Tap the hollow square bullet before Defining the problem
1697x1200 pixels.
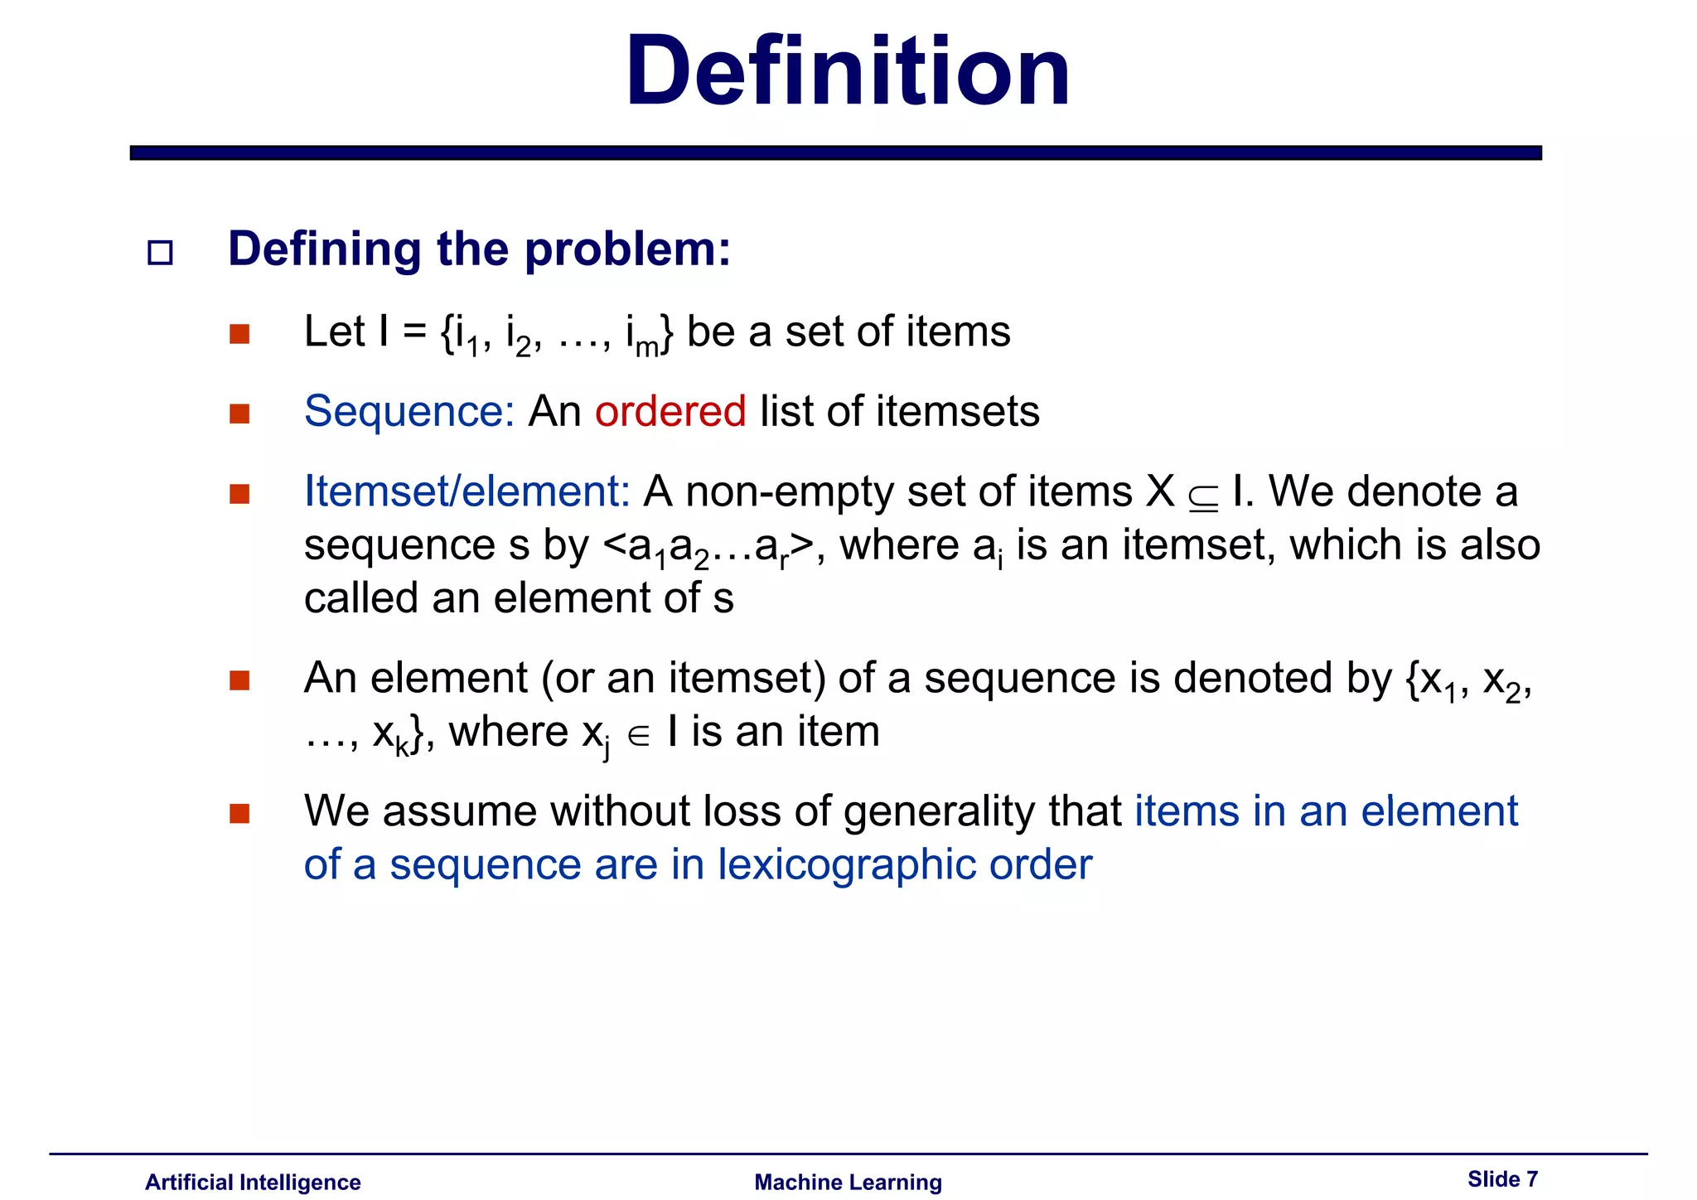tap(160, 252)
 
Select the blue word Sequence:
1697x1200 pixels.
tap(409, 411)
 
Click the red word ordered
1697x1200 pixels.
tap(670, 411)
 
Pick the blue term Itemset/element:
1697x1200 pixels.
tap(467, 491)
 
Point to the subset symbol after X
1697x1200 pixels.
tap(1202, 496)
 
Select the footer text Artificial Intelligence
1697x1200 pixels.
tap(253, 1182)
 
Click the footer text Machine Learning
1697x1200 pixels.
tap(848, 1182)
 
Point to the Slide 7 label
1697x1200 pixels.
tap(1502, 1178)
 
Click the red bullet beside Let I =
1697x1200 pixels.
tap(239, 334)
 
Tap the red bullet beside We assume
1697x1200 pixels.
tap(239, 813)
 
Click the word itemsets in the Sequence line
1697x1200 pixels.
tap(957, 411)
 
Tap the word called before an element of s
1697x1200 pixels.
tap(361, 598)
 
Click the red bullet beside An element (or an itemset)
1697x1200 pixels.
tap(239, 680)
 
